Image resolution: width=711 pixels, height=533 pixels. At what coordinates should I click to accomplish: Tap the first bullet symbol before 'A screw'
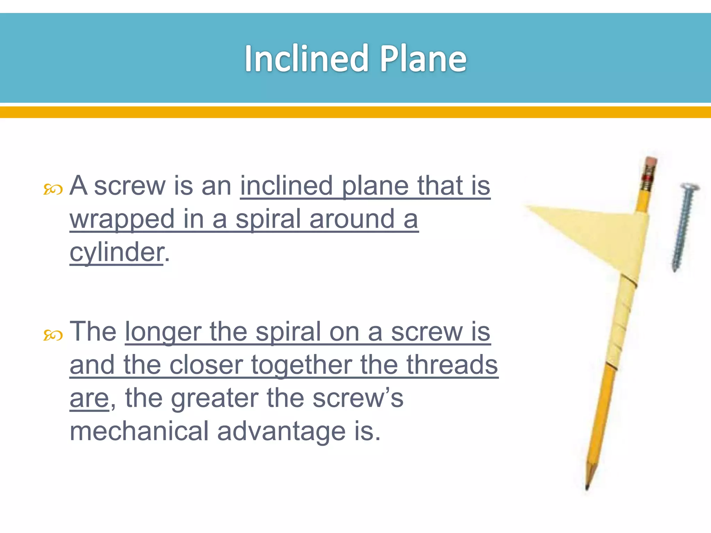53,189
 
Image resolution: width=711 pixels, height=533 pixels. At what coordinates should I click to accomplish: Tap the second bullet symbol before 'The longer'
53,335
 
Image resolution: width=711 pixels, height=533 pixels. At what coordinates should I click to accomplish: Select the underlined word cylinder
116,253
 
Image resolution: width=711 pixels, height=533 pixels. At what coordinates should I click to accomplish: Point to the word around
352,219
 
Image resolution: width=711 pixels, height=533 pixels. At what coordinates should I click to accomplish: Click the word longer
163,332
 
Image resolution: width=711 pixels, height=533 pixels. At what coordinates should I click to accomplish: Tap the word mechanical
139,431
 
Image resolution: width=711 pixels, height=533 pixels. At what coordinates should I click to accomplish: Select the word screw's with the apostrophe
358,398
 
